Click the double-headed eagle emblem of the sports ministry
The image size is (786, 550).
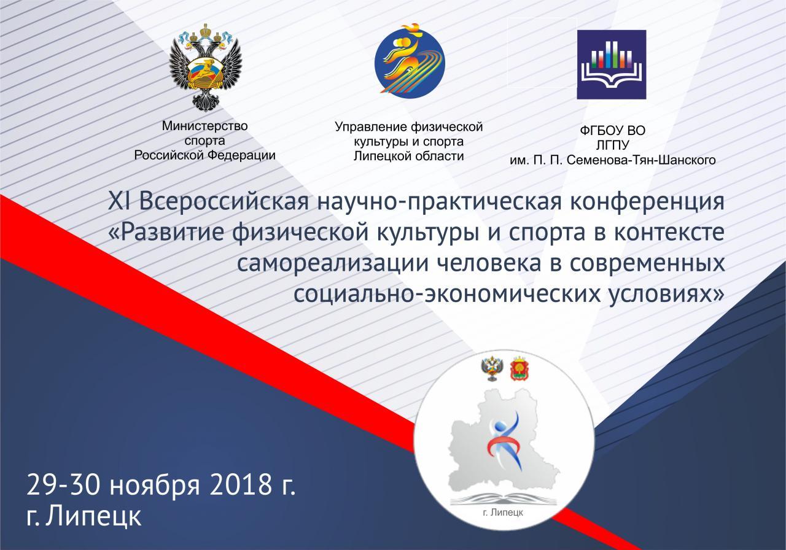206,68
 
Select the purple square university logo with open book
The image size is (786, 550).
612,64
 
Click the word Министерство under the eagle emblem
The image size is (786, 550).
204,126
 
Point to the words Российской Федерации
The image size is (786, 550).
204,155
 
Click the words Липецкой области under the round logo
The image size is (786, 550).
408,156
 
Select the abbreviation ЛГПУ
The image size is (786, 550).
612,145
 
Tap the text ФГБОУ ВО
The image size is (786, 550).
612,131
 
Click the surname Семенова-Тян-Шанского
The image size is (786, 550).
641,160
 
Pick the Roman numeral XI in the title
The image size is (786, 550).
119,202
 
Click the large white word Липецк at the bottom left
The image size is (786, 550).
93,516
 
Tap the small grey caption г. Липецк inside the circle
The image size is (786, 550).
503,513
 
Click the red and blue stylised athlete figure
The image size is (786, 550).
502,442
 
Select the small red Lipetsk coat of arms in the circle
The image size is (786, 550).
519,369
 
